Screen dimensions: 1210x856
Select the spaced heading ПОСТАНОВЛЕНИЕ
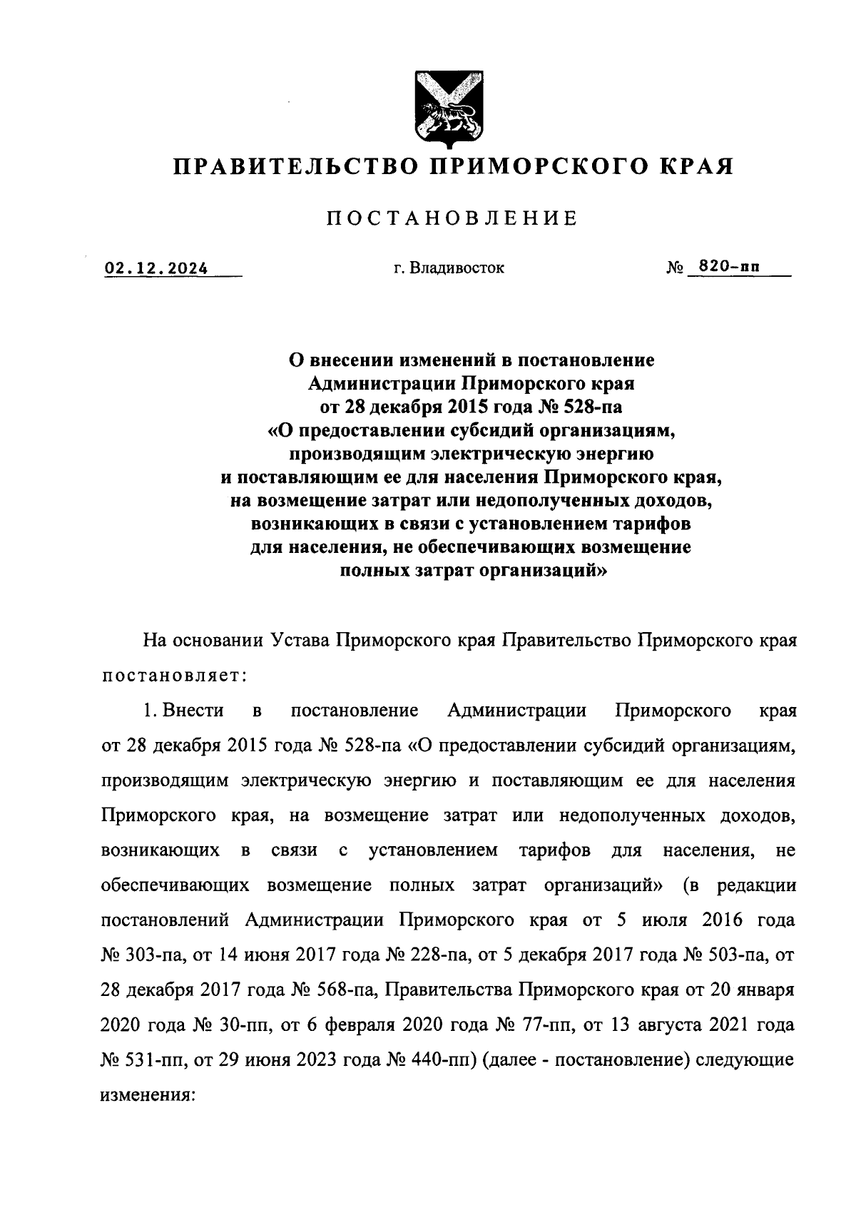(x=452, y=218)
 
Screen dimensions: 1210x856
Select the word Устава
(x=302, y=640)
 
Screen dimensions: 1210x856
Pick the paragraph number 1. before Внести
(x=149, y=711)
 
